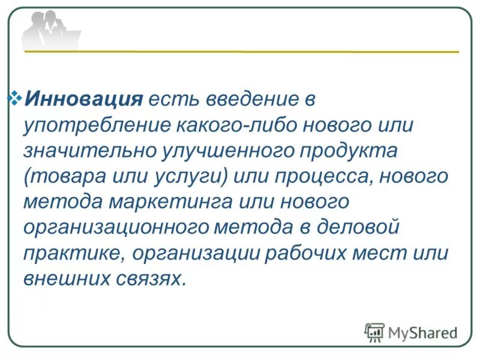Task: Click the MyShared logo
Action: [411, 332]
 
